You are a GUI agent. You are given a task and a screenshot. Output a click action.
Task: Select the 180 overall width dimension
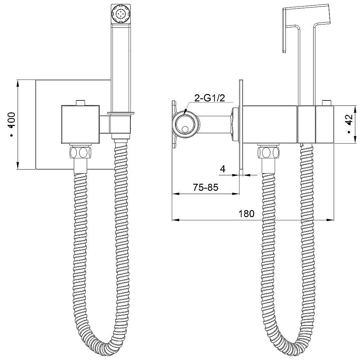point(247,213)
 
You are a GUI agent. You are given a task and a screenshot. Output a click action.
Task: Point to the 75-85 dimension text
point(206,188)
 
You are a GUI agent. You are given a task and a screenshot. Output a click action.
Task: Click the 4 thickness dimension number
point(222,169)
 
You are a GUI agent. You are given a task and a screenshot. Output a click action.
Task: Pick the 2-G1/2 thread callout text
point(210,98)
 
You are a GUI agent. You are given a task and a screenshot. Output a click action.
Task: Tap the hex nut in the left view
point(80,152)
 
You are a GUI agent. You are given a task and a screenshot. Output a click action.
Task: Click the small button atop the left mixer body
point(80,103)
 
